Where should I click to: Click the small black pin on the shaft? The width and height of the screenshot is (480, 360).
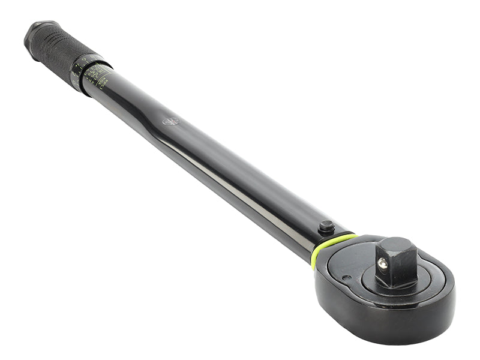[x=326, y=227]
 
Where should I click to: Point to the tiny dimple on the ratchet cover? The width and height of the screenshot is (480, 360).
[x=346, y=277]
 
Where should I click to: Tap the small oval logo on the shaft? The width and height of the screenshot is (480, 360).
[x=171, y=121]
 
